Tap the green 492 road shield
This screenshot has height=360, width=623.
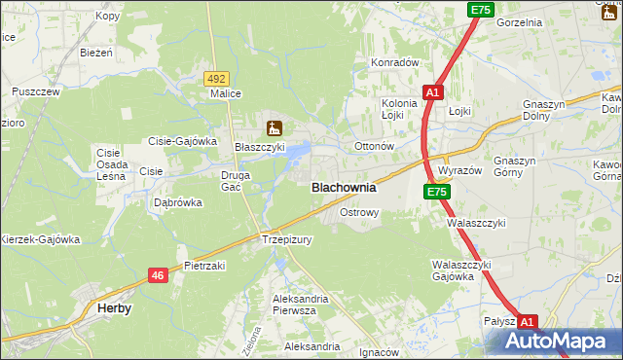point(216,78)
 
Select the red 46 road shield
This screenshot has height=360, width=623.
point(159,276)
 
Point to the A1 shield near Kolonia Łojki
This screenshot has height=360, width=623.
point(433,92)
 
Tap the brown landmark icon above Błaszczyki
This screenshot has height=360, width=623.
point(274,126)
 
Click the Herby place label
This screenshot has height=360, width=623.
point(115,307)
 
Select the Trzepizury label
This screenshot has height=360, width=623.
point(285,239)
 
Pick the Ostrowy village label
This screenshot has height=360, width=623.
point(358,211)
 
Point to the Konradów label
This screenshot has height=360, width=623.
point(394,62)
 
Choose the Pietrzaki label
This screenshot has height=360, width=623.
point(204,265)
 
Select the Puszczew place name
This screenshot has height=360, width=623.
point(36,91)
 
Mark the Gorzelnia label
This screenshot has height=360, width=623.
point(519,21)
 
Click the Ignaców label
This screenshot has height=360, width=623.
point(380,352)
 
